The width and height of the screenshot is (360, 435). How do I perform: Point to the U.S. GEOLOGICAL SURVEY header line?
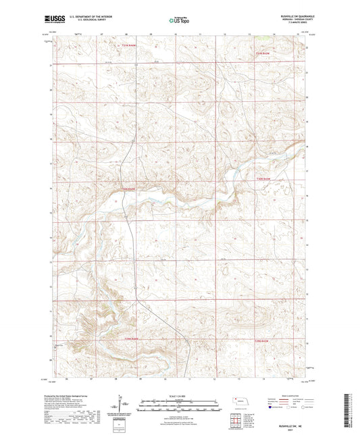[86, 21]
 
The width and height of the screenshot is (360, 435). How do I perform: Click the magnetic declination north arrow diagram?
[124, 408]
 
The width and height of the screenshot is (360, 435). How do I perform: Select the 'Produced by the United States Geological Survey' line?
[74, 397]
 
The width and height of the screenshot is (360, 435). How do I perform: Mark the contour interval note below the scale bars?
[179, 415]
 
